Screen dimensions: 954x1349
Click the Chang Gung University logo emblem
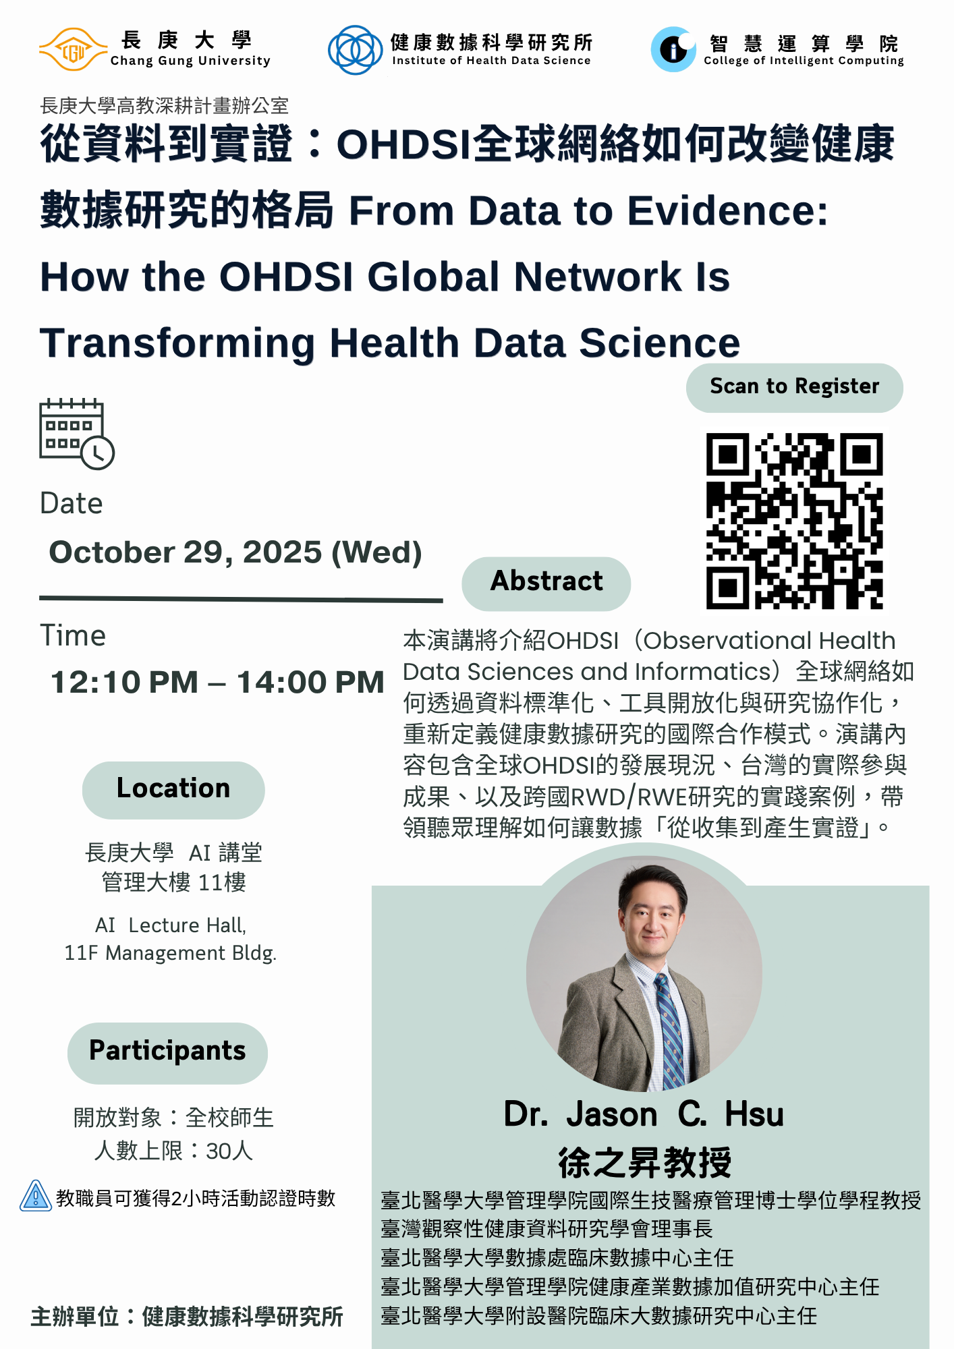(x=73, y=50)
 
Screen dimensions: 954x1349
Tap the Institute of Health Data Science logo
(x=355, y=50)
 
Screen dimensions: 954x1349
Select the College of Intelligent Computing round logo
(x=673, y=50)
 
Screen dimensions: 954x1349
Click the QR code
(x=794, y=521)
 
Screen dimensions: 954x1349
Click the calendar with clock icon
(x=77, y=434)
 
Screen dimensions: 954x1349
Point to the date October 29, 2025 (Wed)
(x=235, y=552)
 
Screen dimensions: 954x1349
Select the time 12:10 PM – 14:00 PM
(x=217, y=682)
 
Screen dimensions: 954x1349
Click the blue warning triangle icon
(x=36, y=1196)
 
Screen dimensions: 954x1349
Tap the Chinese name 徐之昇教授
(x=645, y=1162)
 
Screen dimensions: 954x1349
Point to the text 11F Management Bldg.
(x=171, y=953)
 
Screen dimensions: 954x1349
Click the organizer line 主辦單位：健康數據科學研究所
(x=187, y=1316)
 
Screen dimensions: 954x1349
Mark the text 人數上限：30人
(x=174, y=1151)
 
